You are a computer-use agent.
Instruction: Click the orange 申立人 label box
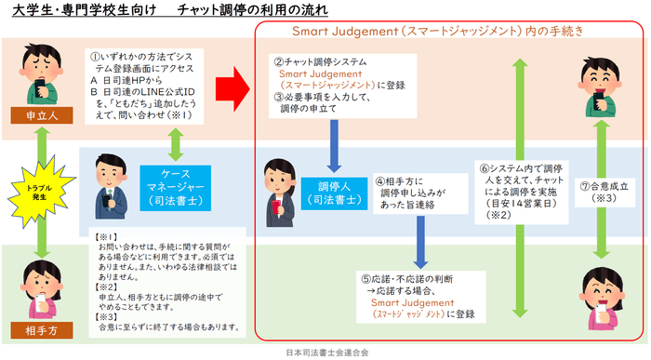(36, 115)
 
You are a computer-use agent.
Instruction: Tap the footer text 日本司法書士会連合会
(326, 353)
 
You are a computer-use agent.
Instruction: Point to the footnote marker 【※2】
(109, 288)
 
